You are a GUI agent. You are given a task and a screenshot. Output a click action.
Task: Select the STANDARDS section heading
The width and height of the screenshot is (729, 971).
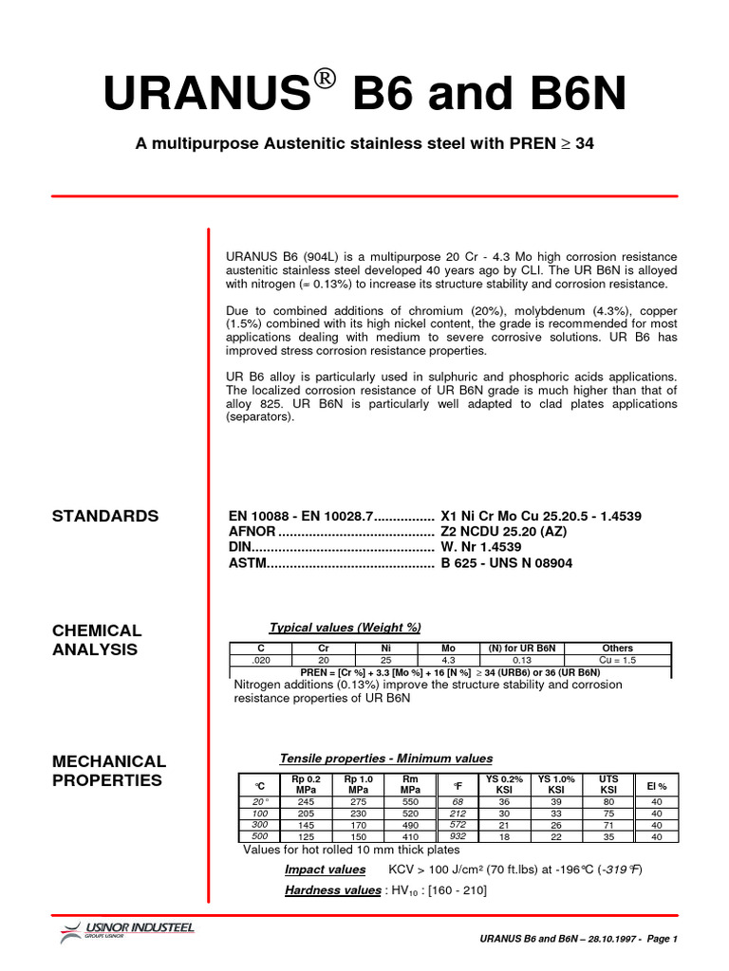(104, 516)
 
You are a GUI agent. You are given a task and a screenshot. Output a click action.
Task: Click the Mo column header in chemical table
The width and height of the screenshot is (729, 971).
(449, 649)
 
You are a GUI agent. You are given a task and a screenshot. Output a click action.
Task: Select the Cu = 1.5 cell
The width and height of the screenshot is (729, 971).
(618, 660)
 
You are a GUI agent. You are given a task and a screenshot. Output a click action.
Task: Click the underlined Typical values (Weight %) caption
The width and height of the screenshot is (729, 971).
(345, 628)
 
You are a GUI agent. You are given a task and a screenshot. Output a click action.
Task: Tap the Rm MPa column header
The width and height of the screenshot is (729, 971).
(410, 784)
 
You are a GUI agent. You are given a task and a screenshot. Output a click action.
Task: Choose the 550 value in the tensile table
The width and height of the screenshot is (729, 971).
(410, 801)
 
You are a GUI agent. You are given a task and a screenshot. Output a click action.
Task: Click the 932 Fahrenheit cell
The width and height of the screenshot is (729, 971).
(458, 836)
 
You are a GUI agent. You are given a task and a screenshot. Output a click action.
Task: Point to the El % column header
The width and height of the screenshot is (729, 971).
(656, 786)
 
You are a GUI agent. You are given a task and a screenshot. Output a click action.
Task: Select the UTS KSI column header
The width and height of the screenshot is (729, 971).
(607, 784)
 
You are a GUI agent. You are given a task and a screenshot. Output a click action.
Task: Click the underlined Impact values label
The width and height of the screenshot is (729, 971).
(325, 870)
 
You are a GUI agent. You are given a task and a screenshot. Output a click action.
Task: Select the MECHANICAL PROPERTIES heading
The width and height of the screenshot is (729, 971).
(108, 770)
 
